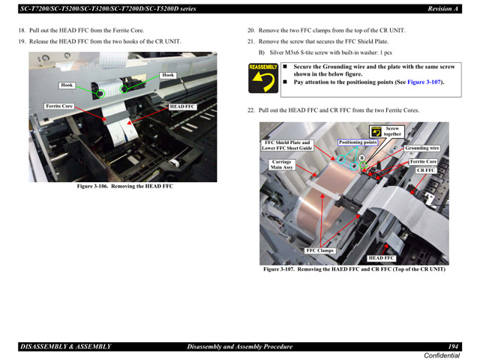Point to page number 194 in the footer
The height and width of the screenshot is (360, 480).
pyautogui.click(x=454, y=346)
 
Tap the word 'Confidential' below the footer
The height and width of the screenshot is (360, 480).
pyautogui.click(x=442, y=355)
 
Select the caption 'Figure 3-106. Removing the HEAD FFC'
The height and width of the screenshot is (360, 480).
pyautogui.click(x=124, y=187)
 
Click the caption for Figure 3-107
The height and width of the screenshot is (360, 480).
pyautogui.click(x=353, y=269)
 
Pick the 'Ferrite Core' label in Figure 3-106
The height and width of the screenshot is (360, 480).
pyautogui.click(x=59, y=106)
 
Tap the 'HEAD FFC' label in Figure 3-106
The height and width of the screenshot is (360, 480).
pyautogui.click(x=181, y=107)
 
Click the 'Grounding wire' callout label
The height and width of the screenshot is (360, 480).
pyautogui.click(x=422, y=148)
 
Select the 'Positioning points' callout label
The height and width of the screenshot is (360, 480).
pyautogui.click(x=358, y=142)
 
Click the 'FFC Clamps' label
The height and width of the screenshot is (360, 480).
pyautogui.click(x=320, y=250)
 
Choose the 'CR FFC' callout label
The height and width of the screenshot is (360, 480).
pyautogui.click(x=426, y=171)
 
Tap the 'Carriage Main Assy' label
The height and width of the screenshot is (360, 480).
pyautogui.click(x=282, y=164)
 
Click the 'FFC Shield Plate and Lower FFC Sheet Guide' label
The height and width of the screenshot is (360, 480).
pyautogui.click(x=286, y=145)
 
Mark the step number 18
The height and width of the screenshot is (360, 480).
pyautogui.click(x=22, y=31)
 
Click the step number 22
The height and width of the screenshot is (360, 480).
pyautogui.click(x=251, y=110)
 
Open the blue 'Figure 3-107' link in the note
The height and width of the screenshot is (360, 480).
pyautogui.click(x=424, y=82)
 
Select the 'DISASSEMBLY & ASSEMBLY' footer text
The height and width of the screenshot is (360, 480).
pyautogui.click(x=65, y=346)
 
